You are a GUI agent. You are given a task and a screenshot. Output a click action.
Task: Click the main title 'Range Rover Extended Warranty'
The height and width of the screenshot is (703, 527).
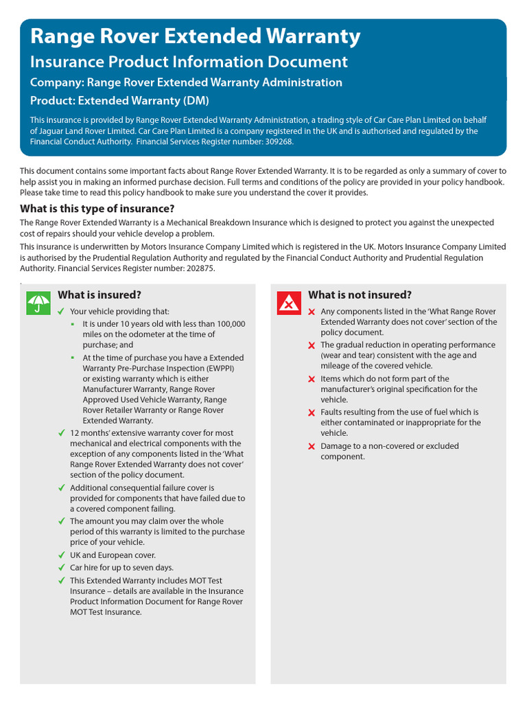pyautogui.click(x=196, y=36)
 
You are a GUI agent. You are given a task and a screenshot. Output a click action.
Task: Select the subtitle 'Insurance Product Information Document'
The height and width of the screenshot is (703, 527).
pyautogui.click(x=189, y=62)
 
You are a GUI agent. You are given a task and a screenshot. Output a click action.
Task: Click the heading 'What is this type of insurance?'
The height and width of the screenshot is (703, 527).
pyautogui.click(x=97, y=209)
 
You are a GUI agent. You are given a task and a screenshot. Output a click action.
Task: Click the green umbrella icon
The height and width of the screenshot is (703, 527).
pyautogui.click(x=38, y=303)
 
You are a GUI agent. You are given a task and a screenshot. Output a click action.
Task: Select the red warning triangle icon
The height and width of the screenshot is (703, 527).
pyautogui.click(x=289, y=303)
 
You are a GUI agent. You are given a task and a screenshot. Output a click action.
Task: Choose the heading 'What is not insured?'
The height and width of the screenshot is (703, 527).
pyautogui.click(x=360, y=295)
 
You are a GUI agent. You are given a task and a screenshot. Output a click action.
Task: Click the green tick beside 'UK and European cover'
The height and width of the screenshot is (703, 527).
pyautogui.click(x=62, y=555)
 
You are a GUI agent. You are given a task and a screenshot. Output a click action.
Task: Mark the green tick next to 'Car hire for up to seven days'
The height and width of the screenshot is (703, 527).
pyautogui.click(x=62, y=568)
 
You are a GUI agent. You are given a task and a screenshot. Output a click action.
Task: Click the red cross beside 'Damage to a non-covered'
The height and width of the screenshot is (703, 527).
pyautogui.click(x=312, y=447)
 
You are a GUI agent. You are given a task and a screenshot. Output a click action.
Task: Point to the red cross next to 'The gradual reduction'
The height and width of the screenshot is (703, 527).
pyautogui.click(x=312, y=345)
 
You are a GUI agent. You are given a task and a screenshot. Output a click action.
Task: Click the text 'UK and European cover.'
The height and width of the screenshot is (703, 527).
pyautogui.click(x=113, y=555)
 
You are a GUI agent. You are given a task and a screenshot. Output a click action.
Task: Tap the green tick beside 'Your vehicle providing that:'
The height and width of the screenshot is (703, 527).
pyautogui.click(x=62, y=312)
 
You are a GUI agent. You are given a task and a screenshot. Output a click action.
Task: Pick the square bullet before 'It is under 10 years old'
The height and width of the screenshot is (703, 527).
pyautogui.click(x=73, y=323)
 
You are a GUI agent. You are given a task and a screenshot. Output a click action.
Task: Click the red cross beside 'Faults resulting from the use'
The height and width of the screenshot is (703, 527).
pyautogui.click(x=312, y=413)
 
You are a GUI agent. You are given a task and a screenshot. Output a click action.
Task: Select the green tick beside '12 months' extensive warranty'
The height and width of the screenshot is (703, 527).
pyautogui.click(x=62, y=433)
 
